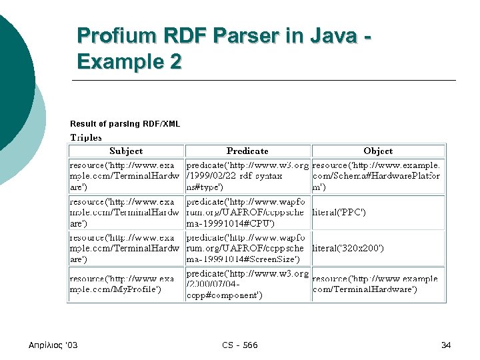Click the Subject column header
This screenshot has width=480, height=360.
[126, 151]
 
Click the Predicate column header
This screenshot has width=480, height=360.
[247, 151]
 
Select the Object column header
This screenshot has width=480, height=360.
[378, 151]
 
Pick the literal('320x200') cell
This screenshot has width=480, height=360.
[348, 248]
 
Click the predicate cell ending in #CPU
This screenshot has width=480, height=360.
[247, 213]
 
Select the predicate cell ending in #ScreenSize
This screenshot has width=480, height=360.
[247, 248]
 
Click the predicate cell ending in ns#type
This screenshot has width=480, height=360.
[247, 177]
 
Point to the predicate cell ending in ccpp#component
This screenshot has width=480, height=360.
[247, 284]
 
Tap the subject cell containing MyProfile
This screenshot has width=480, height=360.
[126, 284]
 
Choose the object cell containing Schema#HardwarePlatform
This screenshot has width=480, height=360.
[378, 177]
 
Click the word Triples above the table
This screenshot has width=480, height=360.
[86, 137]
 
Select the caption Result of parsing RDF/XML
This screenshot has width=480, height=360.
[125, 124]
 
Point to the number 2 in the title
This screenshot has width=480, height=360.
[175, 62]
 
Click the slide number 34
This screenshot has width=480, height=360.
[446, 345]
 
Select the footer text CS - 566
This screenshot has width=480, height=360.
[240, 345]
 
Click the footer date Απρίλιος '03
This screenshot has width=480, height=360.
[53, 345]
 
